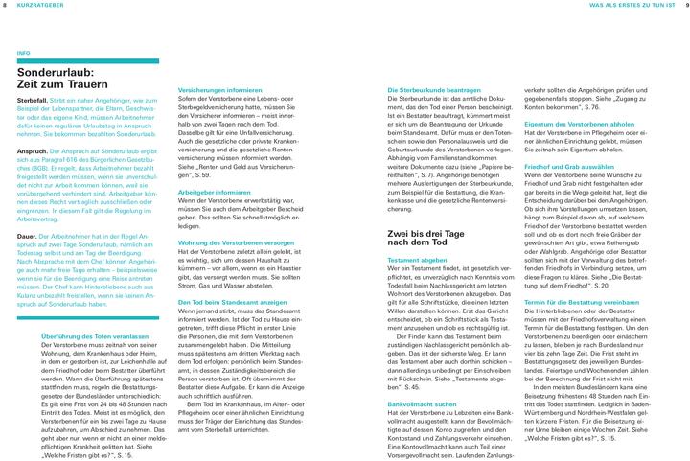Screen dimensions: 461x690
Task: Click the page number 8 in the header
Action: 6,6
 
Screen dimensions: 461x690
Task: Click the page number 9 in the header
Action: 684,6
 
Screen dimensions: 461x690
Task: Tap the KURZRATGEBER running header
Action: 43,6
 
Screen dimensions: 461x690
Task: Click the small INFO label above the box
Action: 24,53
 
